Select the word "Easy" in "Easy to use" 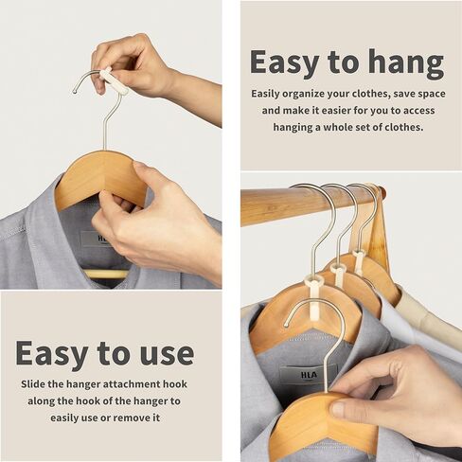coord(54,353)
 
